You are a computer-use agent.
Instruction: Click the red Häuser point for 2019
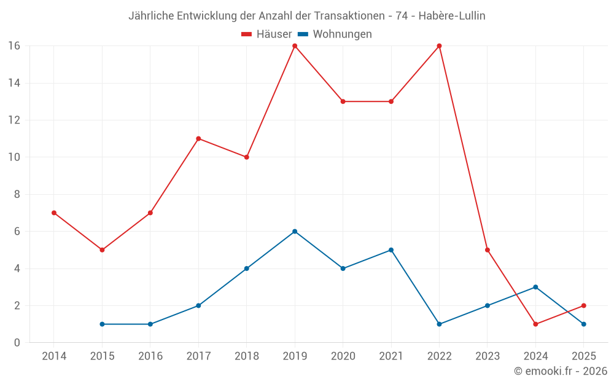[295, 45]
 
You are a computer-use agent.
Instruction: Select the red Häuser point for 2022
[439, 45]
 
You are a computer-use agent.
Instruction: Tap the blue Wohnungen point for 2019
[295, 232]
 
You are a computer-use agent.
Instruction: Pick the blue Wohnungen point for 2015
[102, 324]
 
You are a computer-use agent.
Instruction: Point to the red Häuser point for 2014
[54, 213]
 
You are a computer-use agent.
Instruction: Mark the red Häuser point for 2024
[535, 324]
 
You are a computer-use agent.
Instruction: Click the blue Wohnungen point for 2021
[391, 250]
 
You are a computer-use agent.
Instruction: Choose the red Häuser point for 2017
[198, 139]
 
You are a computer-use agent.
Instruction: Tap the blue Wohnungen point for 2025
[584, 324]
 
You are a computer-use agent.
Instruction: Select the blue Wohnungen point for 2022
[439, 324]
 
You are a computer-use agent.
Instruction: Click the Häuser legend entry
[266, 34]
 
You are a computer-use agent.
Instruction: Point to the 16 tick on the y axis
[14, 45]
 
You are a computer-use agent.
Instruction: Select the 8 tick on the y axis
[17, 194]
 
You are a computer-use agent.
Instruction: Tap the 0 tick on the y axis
[17, 343]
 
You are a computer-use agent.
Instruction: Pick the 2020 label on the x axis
[343, 356]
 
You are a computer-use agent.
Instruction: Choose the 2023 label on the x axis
[488, 356]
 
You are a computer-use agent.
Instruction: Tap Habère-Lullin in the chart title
[451, 16]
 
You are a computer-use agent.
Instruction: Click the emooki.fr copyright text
[561, 371]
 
